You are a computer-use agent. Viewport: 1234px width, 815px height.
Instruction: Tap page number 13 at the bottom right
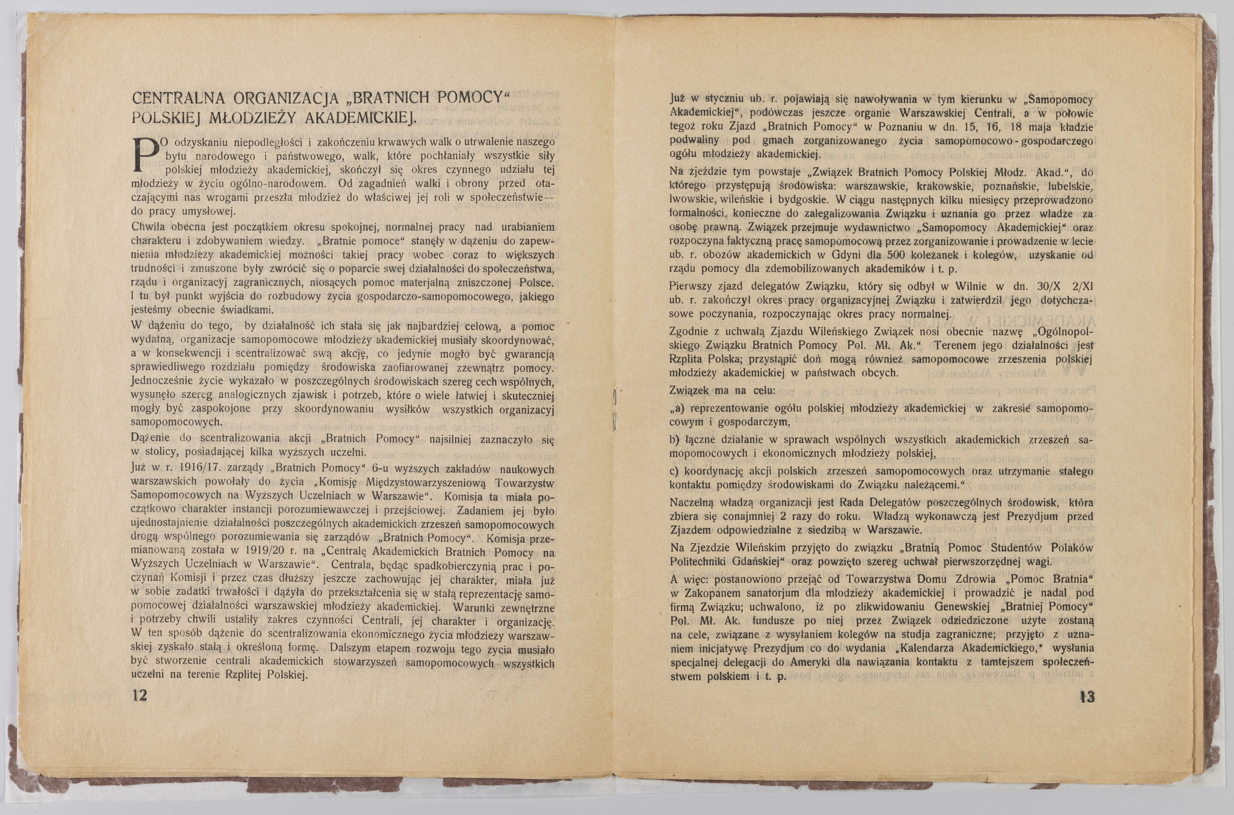[1086, 697]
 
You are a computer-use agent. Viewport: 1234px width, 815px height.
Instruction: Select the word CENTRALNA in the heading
[178, 99]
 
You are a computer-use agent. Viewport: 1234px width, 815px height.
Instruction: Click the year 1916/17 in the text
[186, 468]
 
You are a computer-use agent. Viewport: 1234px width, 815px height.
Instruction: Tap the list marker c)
[675, 471]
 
